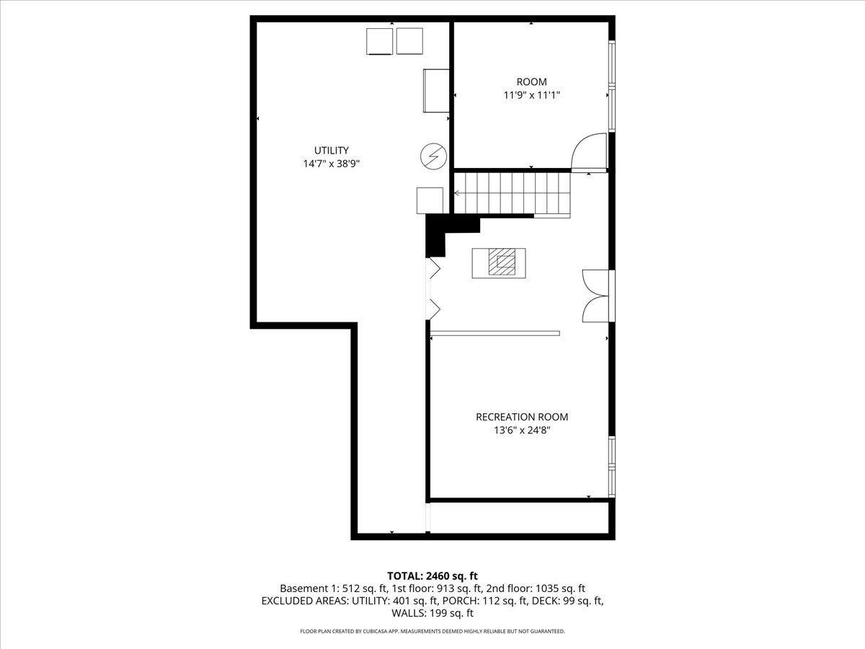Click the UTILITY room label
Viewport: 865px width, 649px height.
click(331, 150)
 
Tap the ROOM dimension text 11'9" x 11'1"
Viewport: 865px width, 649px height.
click(531, 95)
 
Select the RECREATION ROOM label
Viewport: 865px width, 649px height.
click(522, 417)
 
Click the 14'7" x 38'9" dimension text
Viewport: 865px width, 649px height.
click(331, 164)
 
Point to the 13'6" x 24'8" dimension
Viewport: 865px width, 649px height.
click(522, 431)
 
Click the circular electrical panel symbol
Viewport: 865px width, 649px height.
click(433, 155)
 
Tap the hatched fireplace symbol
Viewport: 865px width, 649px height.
click(499, 262)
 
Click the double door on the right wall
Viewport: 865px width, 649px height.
click(597, 295)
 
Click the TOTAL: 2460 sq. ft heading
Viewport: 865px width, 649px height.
click(432, 575)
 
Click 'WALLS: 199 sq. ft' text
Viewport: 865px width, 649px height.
click(432, 614)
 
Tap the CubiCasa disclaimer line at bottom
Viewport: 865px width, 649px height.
click(432, 632)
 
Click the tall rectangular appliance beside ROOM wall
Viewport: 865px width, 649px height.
click(436, 90)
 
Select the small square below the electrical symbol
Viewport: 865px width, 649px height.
click(430, 200)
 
